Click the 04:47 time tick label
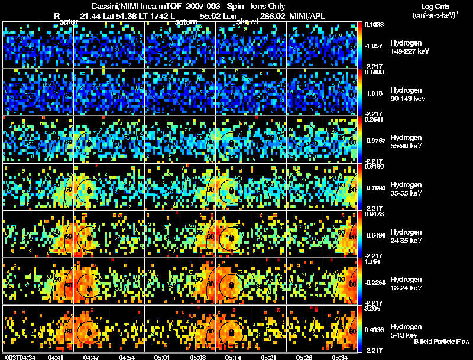[91, 356]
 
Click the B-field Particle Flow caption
[442, 342]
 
